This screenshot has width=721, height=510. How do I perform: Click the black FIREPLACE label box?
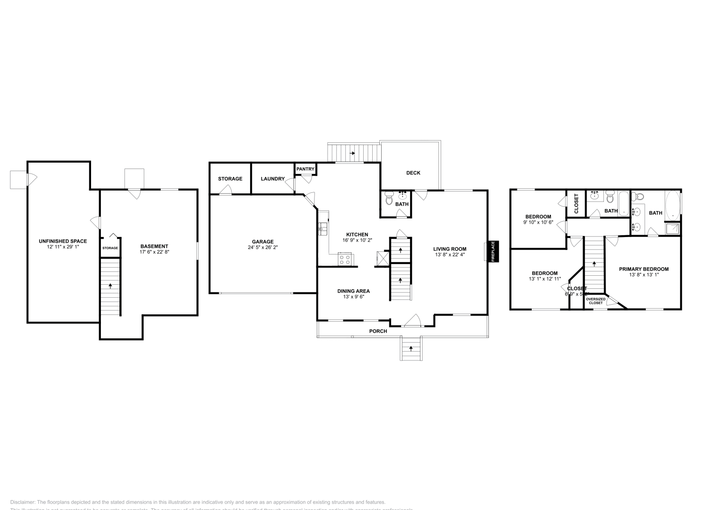click(x=493, y=251)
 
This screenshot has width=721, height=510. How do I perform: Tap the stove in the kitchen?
click(x=346, y=260)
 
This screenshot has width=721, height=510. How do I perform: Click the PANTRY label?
click(x=305, y=169)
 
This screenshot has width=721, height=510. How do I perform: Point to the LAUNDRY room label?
click(x=273, y=179)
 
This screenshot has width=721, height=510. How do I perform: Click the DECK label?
click(x=413, y=173)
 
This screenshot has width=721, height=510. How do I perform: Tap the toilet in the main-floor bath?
click(x=389, y=199)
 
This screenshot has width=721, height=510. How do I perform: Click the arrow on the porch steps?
click(x=411, y=348)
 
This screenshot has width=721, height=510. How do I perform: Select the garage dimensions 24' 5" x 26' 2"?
click(x=262, y=247)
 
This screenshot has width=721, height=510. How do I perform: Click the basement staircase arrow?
click(x=110, y=286)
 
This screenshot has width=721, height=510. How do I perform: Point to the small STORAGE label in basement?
click(x=110, y=248)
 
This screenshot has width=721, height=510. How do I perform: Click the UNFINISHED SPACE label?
click(x=63, y=241)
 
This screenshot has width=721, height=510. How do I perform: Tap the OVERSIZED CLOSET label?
click(x=595, y=301)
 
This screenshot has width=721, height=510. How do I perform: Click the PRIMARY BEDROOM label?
click(x=643, y=269)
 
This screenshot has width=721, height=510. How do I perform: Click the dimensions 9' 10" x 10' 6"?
click(x=538, y=222)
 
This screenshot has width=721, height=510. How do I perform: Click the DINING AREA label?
click(x=353, y=291)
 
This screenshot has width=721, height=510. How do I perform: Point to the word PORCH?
click(x=378, y=331)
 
